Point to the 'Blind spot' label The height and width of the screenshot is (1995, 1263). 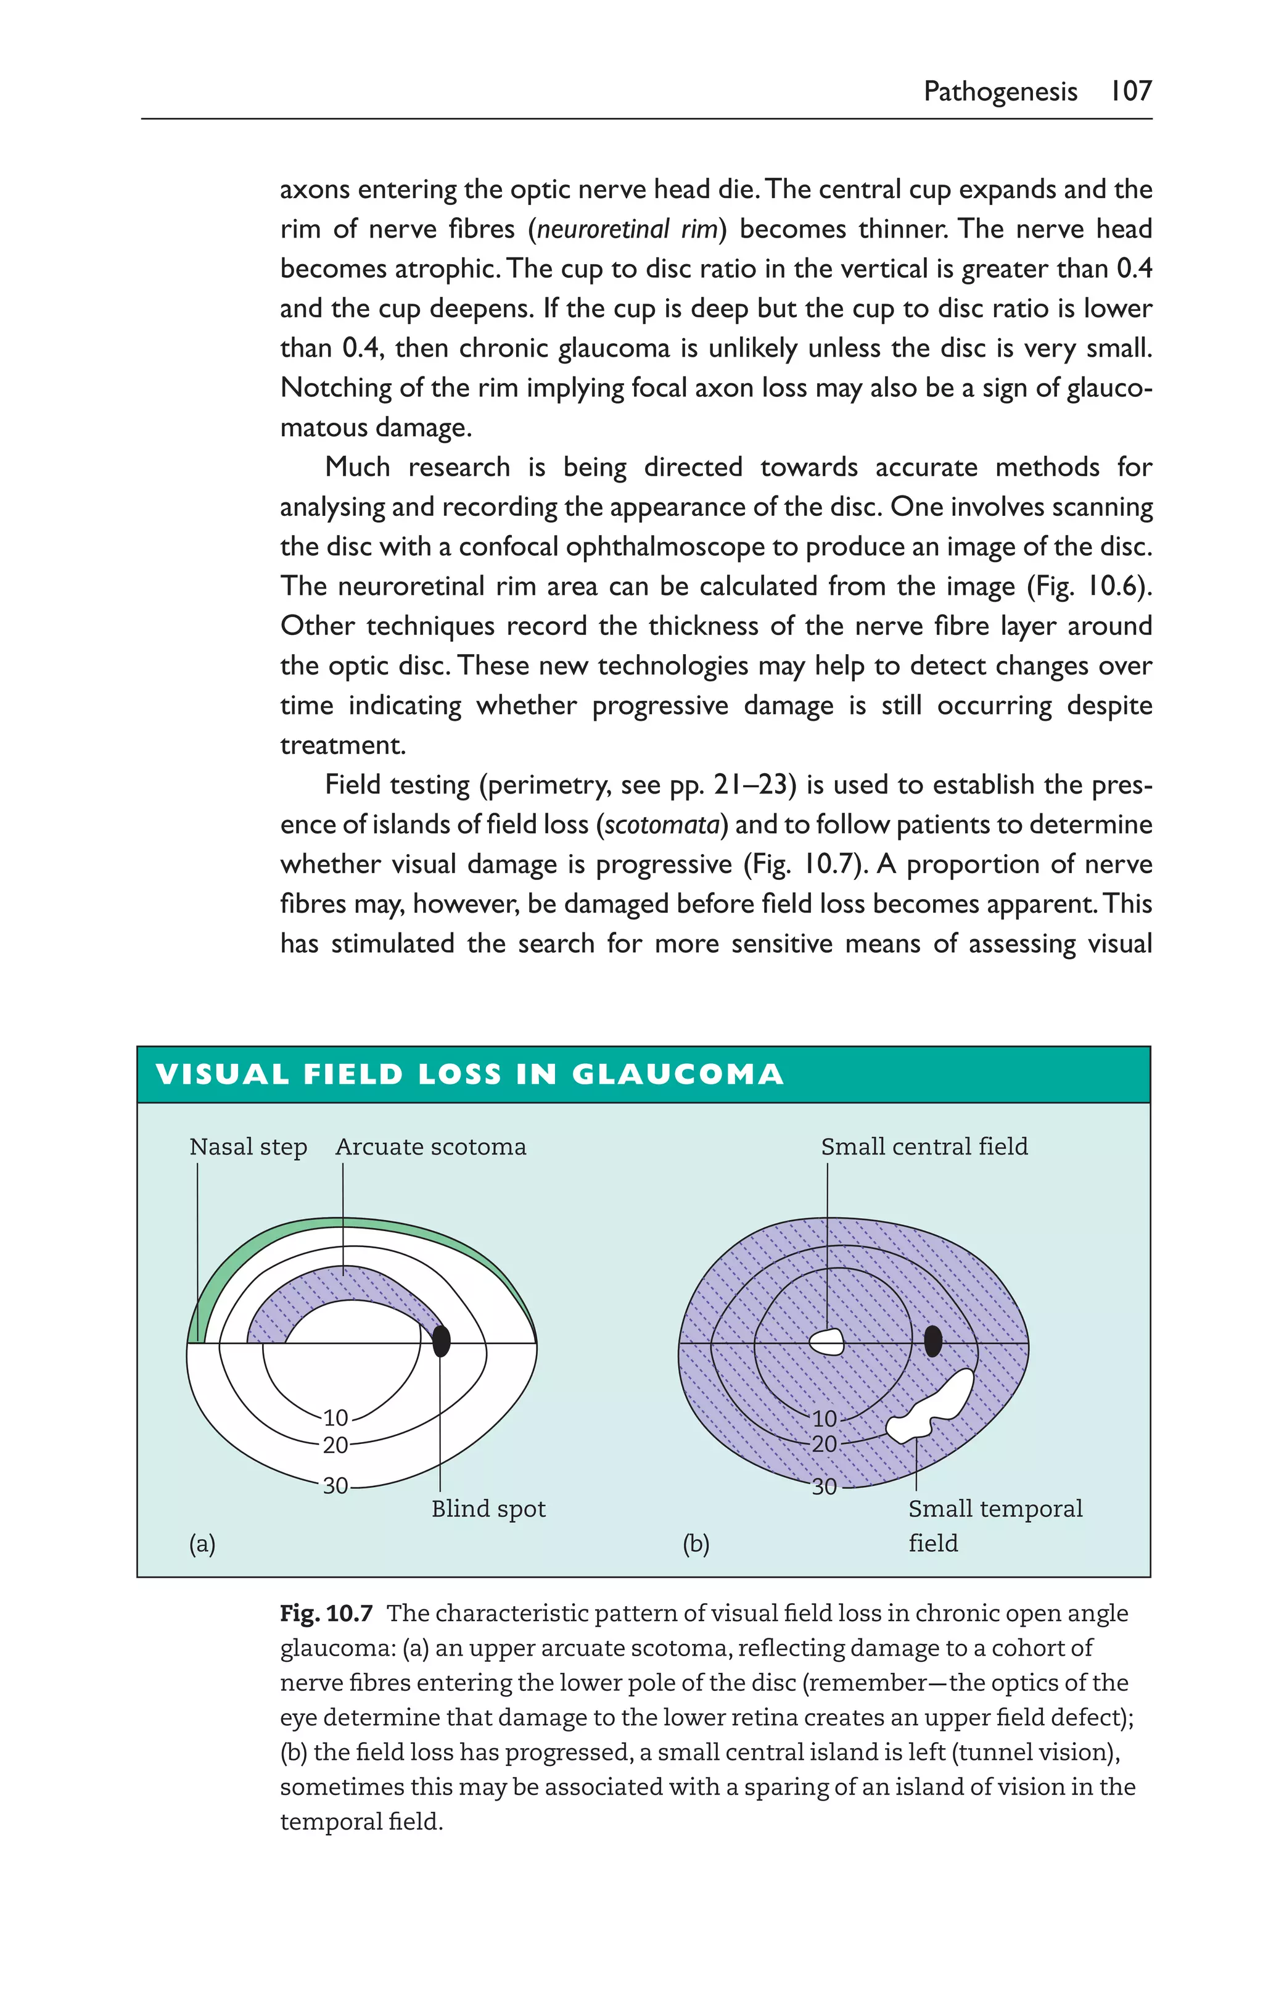(x=488, y=1509)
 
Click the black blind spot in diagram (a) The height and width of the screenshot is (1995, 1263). (x=442, y=1340)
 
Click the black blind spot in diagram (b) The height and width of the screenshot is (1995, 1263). (x=932, y=1340)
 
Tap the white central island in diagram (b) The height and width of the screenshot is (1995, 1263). (x=826, y=1342)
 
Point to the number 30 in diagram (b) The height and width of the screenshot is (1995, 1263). (x=823, y=1487)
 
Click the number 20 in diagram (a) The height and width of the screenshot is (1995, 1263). (x=335, y=1446)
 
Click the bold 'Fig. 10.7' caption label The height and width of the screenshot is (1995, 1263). (x=326, y=1614)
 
